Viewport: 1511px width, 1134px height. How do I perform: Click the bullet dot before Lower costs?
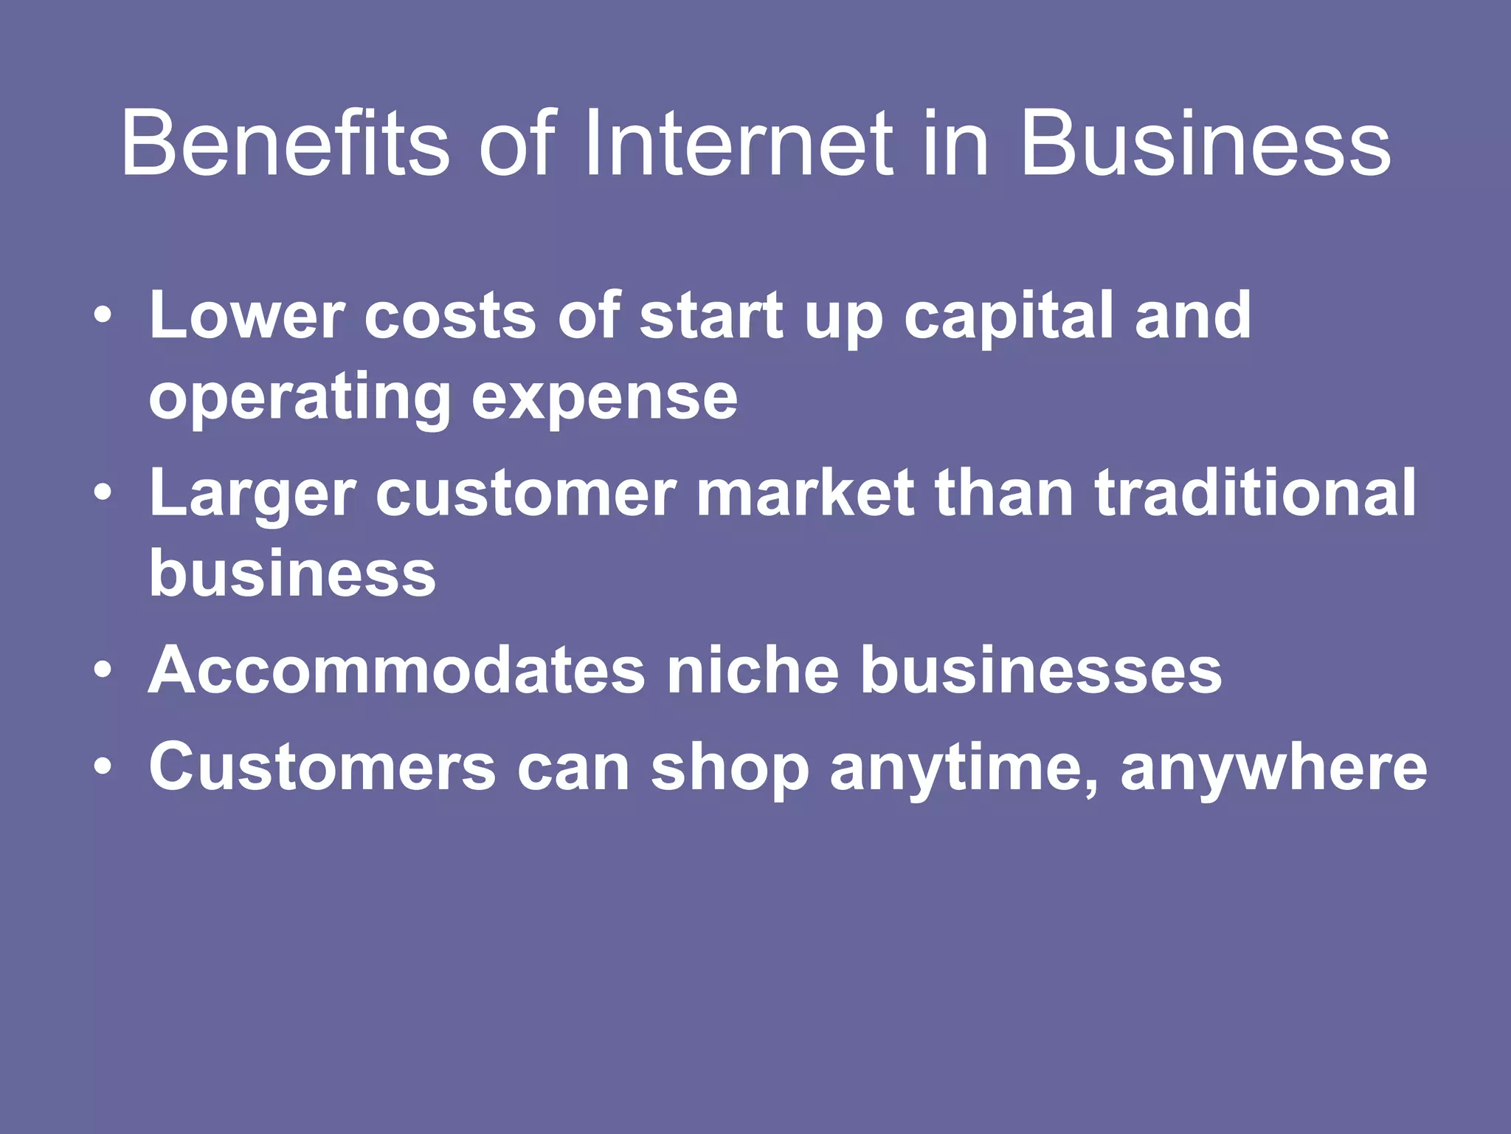[x=103, y=316]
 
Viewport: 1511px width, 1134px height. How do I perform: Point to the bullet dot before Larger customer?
[x=103, y=493]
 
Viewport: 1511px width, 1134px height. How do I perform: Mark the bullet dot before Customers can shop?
[x=103, y=767]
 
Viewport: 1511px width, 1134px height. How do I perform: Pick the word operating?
[x=300, y=399]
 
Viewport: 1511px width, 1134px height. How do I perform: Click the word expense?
[x=604, y=399]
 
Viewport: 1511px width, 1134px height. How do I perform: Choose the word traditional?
[x=1255, y=493]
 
